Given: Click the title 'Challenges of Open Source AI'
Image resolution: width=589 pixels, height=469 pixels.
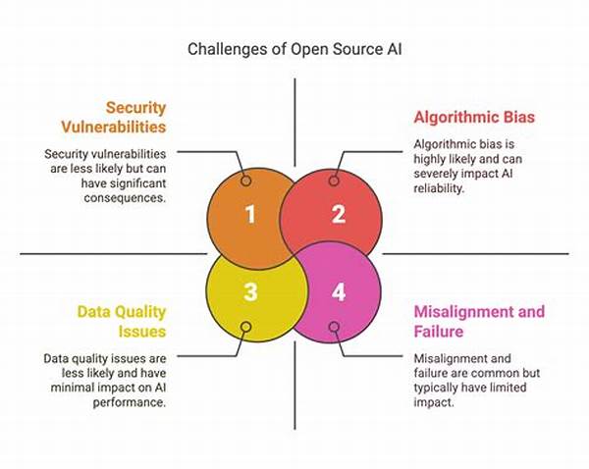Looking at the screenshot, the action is [x=294, y=49].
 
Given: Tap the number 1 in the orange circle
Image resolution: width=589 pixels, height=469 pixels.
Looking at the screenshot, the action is [x=250, y=215].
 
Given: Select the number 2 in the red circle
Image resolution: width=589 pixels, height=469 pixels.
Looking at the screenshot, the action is [x=338, y=214].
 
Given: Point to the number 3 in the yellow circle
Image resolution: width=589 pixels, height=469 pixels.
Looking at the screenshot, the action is [x=250, y=291].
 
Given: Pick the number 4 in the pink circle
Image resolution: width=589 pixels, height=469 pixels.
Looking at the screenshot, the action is [x=339, y=291].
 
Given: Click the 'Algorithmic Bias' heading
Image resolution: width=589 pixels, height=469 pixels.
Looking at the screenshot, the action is [x=474, y=117].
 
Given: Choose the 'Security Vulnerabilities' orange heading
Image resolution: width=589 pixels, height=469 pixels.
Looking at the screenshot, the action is [x=114, y=117].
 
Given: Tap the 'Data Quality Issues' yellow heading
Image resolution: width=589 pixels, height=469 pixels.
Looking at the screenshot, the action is [x=122, y=322].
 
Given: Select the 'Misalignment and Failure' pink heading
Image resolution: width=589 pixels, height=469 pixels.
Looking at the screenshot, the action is [x=479, y=322].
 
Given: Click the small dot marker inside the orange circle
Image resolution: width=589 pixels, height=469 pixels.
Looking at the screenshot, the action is [x=246, y=181].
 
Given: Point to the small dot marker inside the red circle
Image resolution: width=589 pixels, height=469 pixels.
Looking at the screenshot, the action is [x=334, y=181].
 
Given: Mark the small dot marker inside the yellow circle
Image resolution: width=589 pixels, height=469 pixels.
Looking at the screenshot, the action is [x=246, y=327].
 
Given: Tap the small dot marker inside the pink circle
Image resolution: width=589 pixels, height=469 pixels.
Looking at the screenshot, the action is [x=334, y=327].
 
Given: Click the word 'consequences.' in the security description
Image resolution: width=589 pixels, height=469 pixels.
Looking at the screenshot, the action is [x=125, y=198].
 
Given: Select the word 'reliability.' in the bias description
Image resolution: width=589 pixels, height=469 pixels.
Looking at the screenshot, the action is [x=439, y=188].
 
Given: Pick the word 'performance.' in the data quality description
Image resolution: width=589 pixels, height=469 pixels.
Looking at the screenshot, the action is [x=130, y=402].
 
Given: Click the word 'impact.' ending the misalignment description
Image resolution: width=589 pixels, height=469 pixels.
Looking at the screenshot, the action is [x=434, y=402].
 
